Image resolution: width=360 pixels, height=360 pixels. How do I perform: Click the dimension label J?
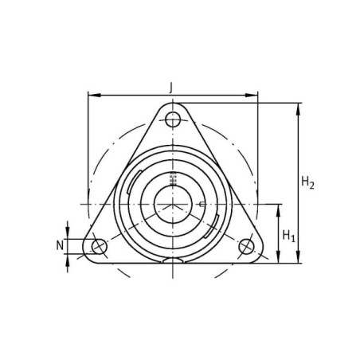pyautogui.click(x=171, y=88)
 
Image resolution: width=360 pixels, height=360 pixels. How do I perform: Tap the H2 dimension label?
pyautogui.click(x=307, y=182)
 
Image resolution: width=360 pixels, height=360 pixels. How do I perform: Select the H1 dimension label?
pyautogui.click(x=289, y=236)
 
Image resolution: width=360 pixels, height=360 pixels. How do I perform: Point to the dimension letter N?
pyautogui.click(x=60, y=245)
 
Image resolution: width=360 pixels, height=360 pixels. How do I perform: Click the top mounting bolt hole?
pyautogui.click(x=173, y=119)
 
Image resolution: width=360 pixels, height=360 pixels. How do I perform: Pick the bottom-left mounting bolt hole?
pyautogui.click(x=100, y=247)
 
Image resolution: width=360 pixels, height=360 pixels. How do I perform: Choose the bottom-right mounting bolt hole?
pyautogui.click(x=246, y=247)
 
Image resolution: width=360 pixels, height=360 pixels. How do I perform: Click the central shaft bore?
pyautogui.click(x=173, y=204)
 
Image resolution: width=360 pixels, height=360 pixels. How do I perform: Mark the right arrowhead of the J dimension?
pyautogui.click(x=251, y=95)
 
